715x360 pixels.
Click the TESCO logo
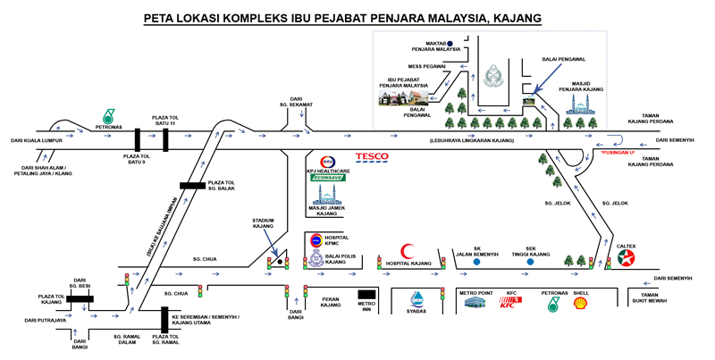[x=372, y=158]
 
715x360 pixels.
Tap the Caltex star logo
[x=627, y=259]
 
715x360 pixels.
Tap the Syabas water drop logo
[x=416, y=300]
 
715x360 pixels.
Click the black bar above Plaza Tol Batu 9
[x=138, y=139]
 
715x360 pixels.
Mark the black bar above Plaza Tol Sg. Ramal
[x=164, y=320]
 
